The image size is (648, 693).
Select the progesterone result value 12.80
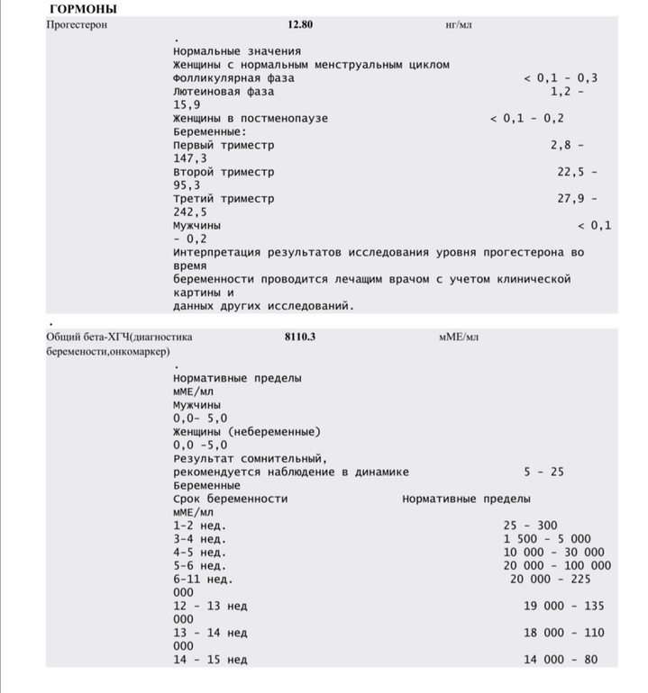[x=300, y=24]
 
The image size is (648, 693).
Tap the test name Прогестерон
[x=77, y=24]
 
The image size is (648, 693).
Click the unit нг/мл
[x=459, y=24]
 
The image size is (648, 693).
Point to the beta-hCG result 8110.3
[x=299, y=337]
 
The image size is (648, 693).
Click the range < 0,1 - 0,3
[x=560, y=78]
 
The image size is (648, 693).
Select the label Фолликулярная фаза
[x=233, y=78]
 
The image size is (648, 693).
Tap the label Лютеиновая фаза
[x=224, y=92]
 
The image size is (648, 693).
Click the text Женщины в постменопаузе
[x=251, y=118]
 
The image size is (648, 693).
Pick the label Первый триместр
[x=224, y=145]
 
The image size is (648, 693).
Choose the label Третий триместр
[x=224, y=198]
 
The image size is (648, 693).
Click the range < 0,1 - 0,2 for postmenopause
[x=527, y=118]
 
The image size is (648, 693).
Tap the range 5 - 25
[x=543, y=472]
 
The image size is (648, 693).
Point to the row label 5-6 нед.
[x=199, y=565]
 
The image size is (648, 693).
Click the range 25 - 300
[x=530, y=525]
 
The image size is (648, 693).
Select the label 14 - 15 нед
[x=210, y=660]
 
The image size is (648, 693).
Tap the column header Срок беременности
[x=231, y=499]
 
